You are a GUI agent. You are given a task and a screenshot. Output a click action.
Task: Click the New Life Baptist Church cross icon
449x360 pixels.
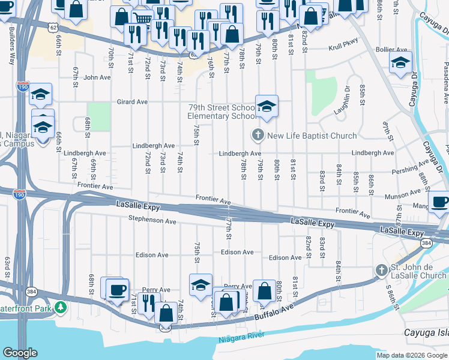tap(258, 135)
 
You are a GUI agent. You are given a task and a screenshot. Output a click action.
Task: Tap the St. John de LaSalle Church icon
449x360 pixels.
tap(381, 271)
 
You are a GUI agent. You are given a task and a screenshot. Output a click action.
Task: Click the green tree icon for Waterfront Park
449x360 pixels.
tap(60, 308)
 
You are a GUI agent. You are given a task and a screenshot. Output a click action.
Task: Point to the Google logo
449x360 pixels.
tap(20, 353)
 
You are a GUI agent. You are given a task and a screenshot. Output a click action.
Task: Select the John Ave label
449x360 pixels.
tap(98, 77)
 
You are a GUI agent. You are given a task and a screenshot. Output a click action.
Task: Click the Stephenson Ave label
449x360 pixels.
tap(152, 221)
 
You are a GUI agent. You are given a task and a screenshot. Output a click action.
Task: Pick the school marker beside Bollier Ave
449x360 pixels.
tap(400, 62)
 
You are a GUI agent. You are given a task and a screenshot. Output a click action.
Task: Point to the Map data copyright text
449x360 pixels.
tap(412, 355)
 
